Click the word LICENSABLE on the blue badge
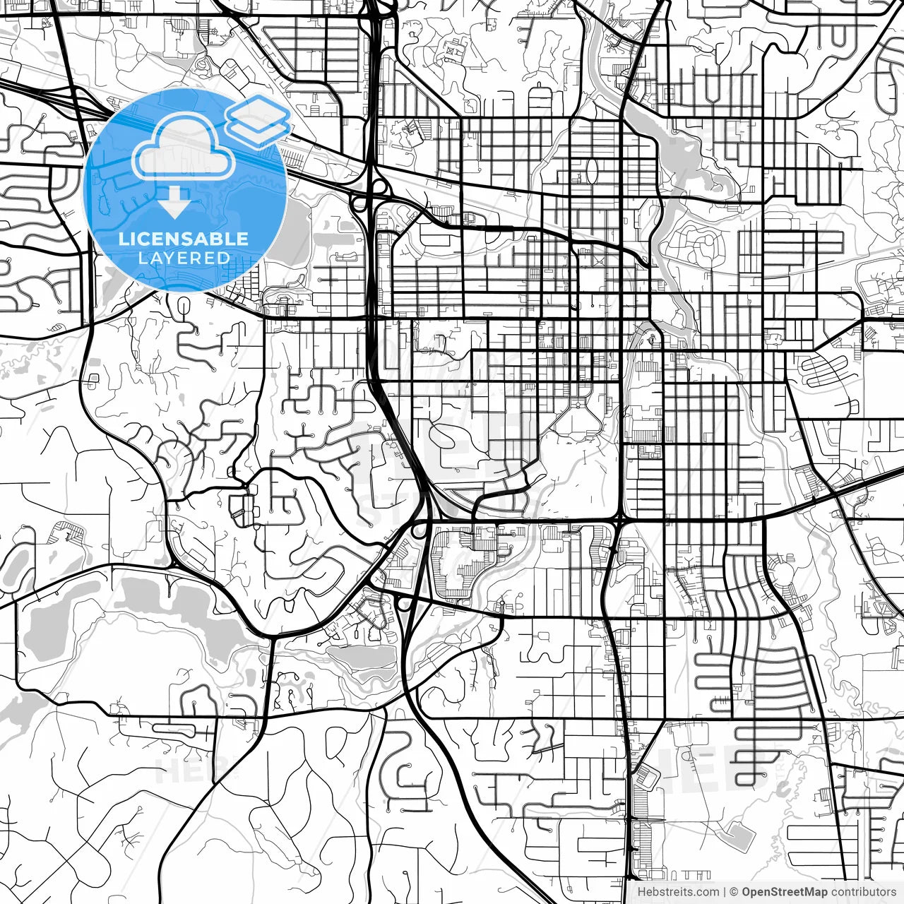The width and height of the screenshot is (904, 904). click(184, 239)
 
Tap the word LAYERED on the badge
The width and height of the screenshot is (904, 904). click(184, 258)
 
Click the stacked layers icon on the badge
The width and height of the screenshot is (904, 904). click(258, 120)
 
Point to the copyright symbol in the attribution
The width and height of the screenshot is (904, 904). click(734, 892)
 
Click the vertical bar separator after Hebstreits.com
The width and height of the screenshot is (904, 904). click(725, 892)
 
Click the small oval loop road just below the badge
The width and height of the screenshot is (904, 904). click(185, 309)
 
